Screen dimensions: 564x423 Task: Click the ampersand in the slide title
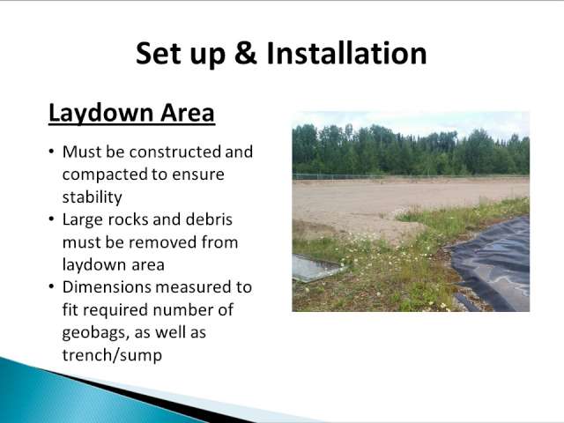pyautogui.click(x=246, y=53)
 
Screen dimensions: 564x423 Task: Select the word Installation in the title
pyautogui.click(x=346, y=53)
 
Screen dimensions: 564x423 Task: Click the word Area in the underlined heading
pyautogui.click(x=188, y=113)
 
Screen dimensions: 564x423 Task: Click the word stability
pyautogui.click(x=92, y=197)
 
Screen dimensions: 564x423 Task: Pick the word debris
pyautogui.click(x=209, y=219)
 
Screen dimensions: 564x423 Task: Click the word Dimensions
pyautogui.click(x=107, y=287)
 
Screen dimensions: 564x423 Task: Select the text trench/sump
pyautogui.click(x=112, y=356)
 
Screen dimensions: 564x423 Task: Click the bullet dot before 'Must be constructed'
pyautogui.click(x=52, y=151)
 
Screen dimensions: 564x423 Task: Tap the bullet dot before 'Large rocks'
pyautogui.click(x=52, y=219)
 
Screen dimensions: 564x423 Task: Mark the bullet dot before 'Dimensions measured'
pyautogui.click(x=52, y=286)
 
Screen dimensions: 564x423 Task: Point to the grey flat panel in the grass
pyautogui.click(x=315, y=267)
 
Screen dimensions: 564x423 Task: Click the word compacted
pyautogui.click(x=105, y=175)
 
